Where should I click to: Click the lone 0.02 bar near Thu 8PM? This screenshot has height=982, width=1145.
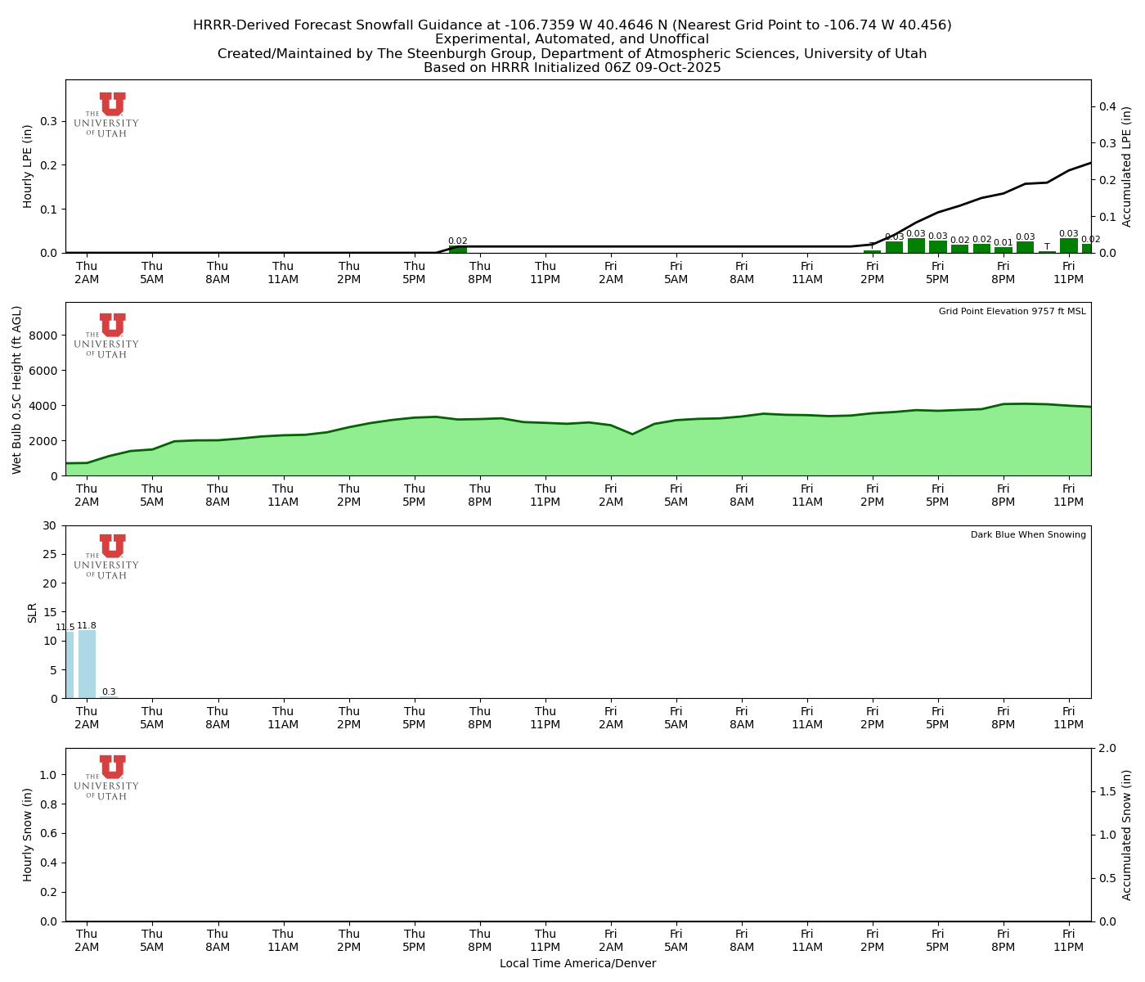[x=458, y=249]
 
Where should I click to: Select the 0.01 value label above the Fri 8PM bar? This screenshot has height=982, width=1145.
[x=1003, y=243]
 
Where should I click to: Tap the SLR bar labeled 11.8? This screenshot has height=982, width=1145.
[x=87, y=664]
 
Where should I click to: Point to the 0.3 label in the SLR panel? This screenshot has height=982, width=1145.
[x=109, y=692]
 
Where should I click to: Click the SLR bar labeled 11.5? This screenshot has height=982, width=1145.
[x=70, y=664]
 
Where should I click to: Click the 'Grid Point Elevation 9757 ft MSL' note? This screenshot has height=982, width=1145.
[x=1012, y=312]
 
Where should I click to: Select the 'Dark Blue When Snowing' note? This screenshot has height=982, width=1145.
[x=1028, y=535]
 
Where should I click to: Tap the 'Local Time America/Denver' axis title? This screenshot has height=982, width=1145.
[x=577, y=964]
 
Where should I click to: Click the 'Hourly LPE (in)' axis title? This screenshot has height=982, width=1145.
[x=28, y=166]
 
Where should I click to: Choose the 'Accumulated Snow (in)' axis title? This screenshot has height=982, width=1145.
[x=1126, y=835]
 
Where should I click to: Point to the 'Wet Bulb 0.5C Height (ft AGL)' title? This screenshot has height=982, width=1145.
[x=17, y=390]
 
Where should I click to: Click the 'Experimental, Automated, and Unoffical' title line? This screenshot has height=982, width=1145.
[x=572, y=39]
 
